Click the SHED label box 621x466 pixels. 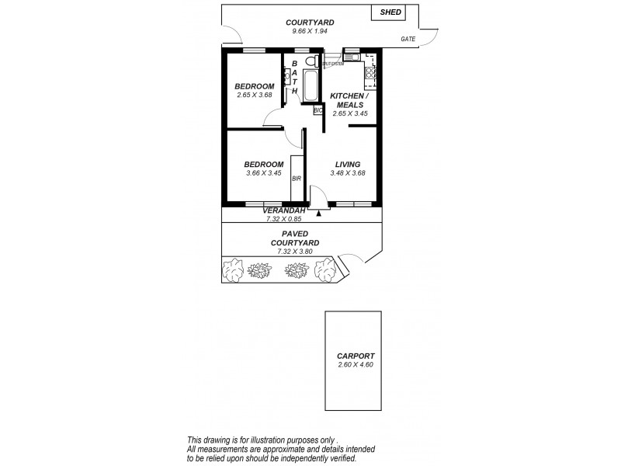389,12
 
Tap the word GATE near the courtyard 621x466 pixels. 407,38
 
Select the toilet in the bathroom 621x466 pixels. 310,62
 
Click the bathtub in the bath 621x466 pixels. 310,86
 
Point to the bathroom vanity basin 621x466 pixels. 287,75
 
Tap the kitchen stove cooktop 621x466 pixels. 370,76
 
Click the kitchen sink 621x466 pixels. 352,56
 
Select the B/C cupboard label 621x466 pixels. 317,110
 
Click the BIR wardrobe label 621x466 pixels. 296,179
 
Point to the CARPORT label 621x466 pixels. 356,355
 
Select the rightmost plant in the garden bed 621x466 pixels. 325,270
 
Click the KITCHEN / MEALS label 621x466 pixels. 349,100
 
